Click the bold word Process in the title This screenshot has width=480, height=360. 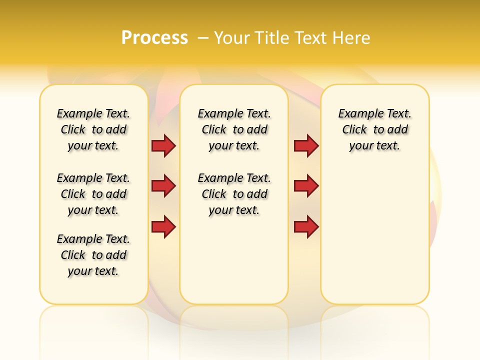tap(154, 38)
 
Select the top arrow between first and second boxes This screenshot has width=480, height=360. tap(163, 145)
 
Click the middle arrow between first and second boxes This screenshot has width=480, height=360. tap(163, 186)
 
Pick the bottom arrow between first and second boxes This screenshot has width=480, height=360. tap(163, 227)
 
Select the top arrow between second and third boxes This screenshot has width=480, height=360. tap(306, 145)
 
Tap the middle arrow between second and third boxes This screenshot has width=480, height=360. tap(306, 186)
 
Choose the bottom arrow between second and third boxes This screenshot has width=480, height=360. tap(306, 227)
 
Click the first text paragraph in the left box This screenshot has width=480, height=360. tap(93, 129)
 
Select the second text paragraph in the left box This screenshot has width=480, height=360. tap(93, 194)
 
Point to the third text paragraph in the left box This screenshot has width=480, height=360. tap(93, 255)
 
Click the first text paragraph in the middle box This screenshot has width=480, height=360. tap(234, 129)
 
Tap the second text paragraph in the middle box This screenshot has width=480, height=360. tap(234, 194)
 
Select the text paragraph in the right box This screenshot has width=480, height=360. tap(374, 129)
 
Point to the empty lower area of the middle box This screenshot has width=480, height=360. tap(234, 260)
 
